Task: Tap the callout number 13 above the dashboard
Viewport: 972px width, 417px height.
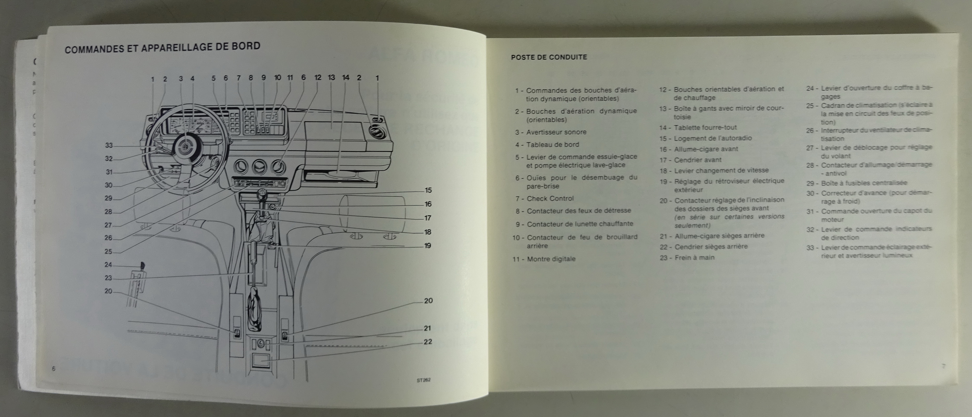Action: point(331,78)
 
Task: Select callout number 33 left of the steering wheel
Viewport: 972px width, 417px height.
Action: point(109,145)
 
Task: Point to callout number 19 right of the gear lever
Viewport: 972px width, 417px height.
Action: point(428,246)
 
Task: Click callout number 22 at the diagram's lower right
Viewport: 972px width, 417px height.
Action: point(428,342)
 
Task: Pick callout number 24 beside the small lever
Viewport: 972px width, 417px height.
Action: point(109,265)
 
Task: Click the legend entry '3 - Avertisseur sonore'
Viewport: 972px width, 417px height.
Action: point(551,132)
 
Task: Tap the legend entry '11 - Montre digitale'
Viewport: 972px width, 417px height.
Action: point(544,259)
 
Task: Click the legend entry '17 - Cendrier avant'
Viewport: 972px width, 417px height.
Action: point(690,160)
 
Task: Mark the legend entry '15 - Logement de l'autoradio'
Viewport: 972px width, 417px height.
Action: point(706,138)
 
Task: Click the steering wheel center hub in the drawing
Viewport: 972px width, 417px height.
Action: point(186,145)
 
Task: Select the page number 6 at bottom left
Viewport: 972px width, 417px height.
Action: point(54,369)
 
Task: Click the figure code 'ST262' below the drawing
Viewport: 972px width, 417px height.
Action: point(423,380)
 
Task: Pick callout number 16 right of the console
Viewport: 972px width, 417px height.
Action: point(428,204)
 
